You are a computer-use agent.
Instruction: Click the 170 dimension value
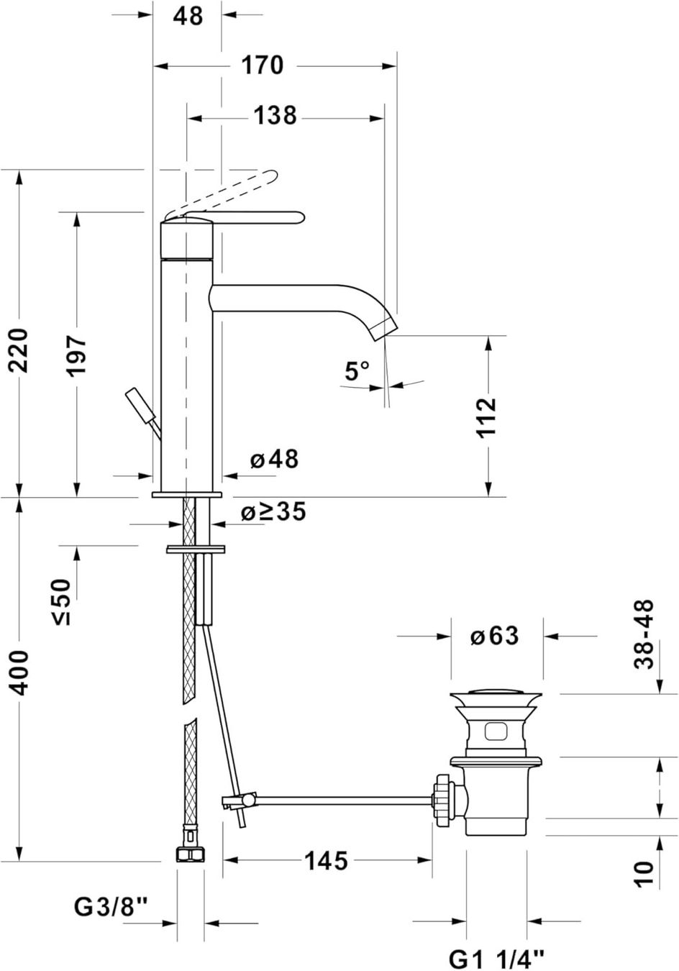pos(262,65)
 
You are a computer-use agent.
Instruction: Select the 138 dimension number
pos(275,116)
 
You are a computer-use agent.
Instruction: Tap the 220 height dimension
pos(19,351)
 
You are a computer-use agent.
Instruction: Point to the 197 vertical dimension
pos(77,355)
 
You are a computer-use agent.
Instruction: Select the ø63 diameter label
pos(494,636)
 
